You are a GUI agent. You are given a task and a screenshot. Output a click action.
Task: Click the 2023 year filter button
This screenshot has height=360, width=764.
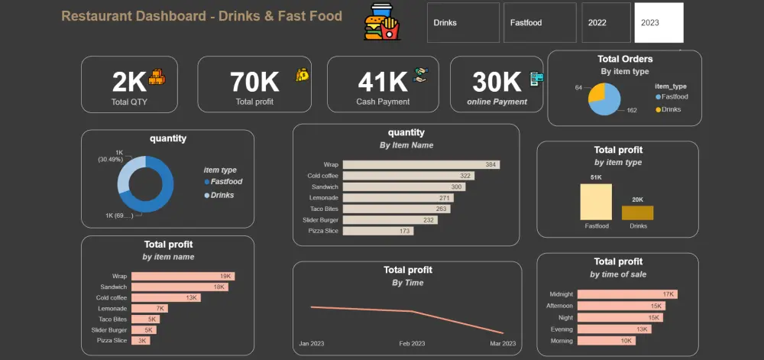(x=659, y=23)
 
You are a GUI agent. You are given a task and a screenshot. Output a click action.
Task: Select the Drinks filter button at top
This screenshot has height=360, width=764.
(x=463, y=23)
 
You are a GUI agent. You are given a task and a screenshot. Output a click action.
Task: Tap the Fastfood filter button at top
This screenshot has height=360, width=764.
(x=540, y=23)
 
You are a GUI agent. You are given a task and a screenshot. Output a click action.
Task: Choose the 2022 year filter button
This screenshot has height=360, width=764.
(x=607, y=23)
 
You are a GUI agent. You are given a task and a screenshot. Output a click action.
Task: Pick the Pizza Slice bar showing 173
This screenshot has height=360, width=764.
(x=377, y=230)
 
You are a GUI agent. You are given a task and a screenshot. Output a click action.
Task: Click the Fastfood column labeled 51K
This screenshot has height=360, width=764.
(x=596, y=202)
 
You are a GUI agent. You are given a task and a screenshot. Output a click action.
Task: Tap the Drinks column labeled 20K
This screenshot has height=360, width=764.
(x=637, y=212)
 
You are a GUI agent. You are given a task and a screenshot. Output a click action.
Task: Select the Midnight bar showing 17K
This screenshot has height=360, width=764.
(x=626, y=294)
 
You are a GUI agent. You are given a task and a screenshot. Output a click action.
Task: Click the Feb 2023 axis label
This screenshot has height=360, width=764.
(x=412, y=344)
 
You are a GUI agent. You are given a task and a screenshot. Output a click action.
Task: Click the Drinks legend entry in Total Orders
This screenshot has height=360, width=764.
(x=668, y=109)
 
